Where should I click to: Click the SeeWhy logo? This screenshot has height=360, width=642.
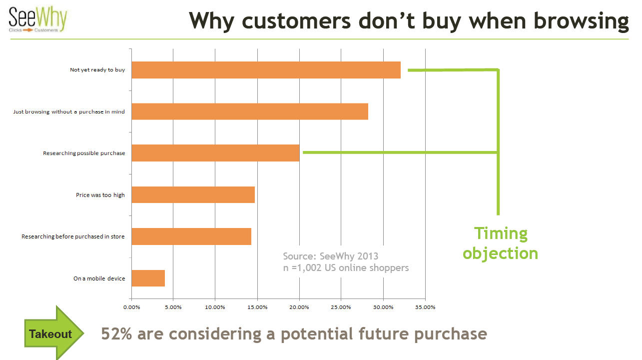click(38, 19)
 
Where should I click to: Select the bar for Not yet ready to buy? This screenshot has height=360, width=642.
click(266, 70)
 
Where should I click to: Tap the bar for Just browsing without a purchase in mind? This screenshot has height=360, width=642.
click(250, 111)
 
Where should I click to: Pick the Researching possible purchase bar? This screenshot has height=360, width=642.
click(215, 153)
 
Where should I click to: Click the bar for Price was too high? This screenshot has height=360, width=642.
click(193, 195)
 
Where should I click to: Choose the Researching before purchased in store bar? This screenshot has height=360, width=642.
click(191, 236)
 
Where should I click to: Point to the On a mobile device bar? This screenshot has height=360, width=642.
click(148, 278)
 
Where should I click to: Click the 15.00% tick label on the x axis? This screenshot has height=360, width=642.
click(257, 307)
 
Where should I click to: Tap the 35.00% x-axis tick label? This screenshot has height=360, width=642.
click(425, 307)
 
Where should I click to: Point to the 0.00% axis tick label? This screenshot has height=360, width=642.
click(131, 307)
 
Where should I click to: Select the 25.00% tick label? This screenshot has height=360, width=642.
click(341, 307)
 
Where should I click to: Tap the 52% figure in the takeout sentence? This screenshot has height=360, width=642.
click(116, 334)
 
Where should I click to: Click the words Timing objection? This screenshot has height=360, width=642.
click(501, 243)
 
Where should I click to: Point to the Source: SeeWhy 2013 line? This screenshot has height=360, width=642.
click(330, 256)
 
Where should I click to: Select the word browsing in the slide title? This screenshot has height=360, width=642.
click(581, 21)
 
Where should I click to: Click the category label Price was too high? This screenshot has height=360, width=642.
click(100, 195)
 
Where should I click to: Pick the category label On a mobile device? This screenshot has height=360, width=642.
click(99, 278)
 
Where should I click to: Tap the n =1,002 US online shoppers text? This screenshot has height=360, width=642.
click(346, 268)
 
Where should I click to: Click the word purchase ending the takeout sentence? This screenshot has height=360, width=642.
click(451, 334)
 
